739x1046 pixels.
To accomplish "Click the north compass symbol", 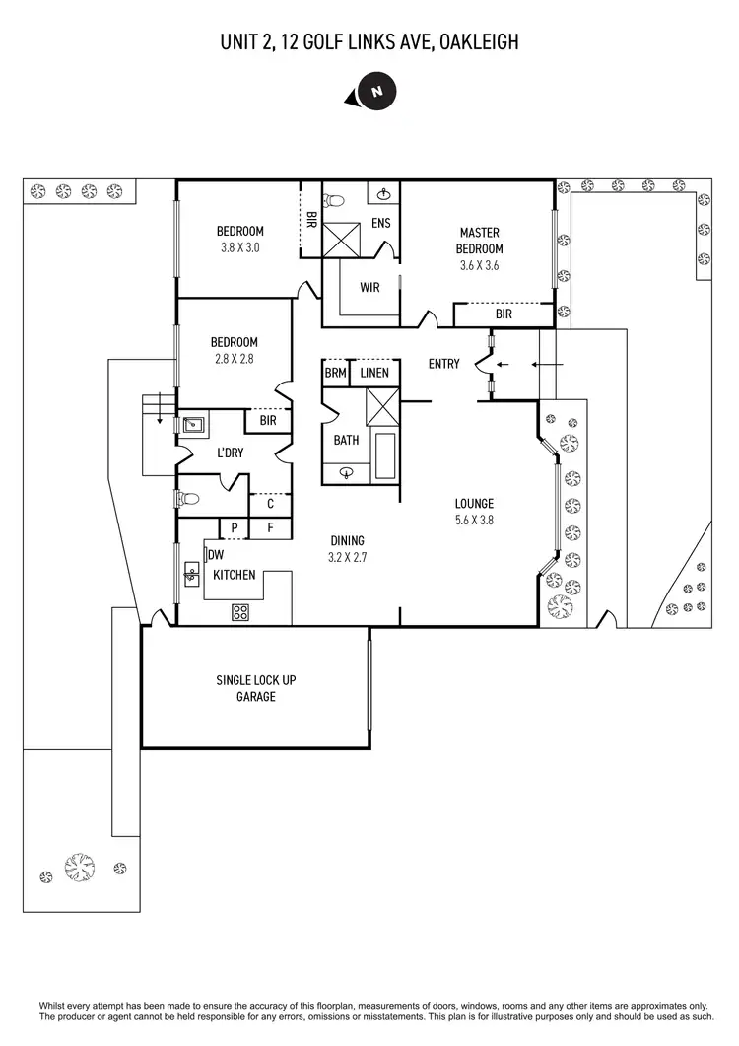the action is [375, 91].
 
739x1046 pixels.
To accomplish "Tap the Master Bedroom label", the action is [479, 241].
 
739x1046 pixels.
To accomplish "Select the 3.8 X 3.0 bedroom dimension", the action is [239, 247].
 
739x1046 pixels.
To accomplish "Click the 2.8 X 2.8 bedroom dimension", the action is [235, 359].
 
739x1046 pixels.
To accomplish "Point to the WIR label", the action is [369, 288].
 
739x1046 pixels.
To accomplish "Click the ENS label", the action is [380, 223].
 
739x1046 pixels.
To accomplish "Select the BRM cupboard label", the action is [335, 374].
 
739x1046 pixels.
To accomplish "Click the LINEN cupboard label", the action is [373, 374].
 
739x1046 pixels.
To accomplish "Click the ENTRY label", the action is [443, 364].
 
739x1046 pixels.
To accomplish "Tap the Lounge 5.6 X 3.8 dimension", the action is [474, 519].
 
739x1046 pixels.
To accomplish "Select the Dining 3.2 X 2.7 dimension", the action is [347, 556].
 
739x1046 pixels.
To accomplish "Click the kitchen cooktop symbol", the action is [239, 612].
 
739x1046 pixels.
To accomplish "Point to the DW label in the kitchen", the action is [216, 555].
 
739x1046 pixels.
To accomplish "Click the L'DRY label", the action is [230, 453].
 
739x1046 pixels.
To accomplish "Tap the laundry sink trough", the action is [194, 426].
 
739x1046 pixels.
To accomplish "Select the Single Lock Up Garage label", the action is [255, 688].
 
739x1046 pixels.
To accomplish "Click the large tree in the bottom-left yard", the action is [80, 867].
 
